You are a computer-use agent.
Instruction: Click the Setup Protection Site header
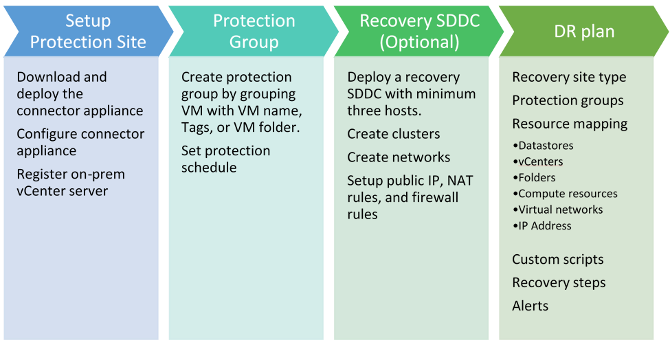pyautogui.click(x=88, y=31)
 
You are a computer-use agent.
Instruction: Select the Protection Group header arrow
pyautogui.click(x=254, y=31)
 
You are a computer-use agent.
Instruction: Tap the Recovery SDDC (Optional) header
pyautogui.click(x=419, y=31)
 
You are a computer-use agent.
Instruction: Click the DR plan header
pyautogui.click(x=584, y=31)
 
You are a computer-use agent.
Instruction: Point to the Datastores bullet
pyautogui.click(x=546, y=146)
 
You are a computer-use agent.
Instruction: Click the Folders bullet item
pyautogui.click(x=537, y=178)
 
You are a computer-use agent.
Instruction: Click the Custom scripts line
pyautogui.click(x=557, y=259)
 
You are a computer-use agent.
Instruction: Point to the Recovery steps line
pyautogui.click(x=559, y=282)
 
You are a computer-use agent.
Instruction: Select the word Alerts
pyautogui.click(x=530, y=306)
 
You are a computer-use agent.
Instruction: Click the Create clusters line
pyautogui.click(x=394, y=134)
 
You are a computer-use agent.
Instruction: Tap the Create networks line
pyautogui.click(x=399, y=157)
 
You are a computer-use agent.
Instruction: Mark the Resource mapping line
pyautogui.click(x=570, y=124)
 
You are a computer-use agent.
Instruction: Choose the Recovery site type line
pyautogui.click(x=569, y=77)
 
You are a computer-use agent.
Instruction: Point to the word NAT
pyautogui.click(x=460, y=181)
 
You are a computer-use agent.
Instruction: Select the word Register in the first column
pyautogui.click(x=42, y=174)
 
